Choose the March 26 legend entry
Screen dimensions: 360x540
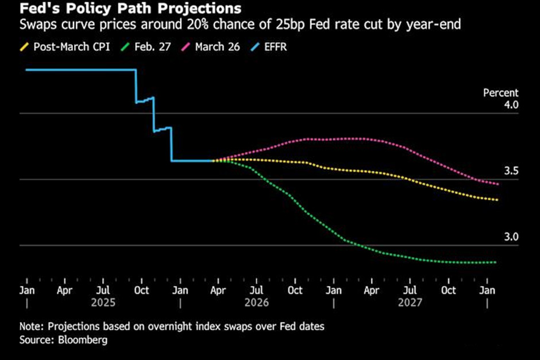pyautogui.click(x=218, y=47)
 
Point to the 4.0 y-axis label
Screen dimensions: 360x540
pyautogui.click(x=511, y=105)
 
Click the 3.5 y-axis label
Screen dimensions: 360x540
pyautogui.click(x=511, y=171)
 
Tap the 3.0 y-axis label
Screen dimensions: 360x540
pyautogui.click(x=511, y=237)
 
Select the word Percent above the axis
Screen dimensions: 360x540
pyautogui.click(x=500, y=92)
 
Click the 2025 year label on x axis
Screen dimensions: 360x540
pyautogui.click(x=103, y=302)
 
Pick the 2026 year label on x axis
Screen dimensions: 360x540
pyautogui.click(x=257, y=302)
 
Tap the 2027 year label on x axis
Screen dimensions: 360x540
pyautogui.click(x=411, y=302)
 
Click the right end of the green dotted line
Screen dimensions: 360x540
pyautogui.click(x=495, y=262)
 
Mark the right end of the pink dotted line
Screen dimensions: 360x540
pyautogui.click(x=497, y=184)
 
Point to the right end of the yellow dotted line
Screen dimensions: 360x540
pyautogui.click(x=496, y=200)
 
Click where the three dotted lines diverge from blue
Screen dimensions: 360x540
pyautogui.click(x=213, y=161)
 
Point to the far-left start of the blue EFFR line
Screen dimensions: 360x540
pyautogui.click(x=26, y=70)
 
